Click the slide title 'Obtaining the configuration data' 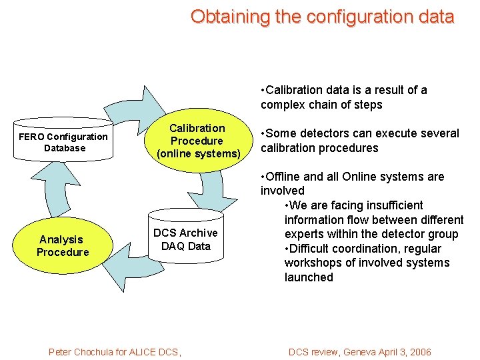[322, 17]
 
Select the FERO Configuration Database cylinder [63, 142]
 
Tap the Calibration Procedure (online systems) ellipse [197, 141]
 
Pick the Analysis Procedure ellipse [63, 245]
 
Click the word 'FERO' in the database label [31, 137]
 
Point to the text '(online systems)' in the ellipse [198, 154]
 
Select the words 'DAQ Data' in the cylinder [185, 246]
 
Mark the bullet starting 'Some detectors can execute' [359, 140]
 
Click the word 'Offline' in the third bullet [286, 177]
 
